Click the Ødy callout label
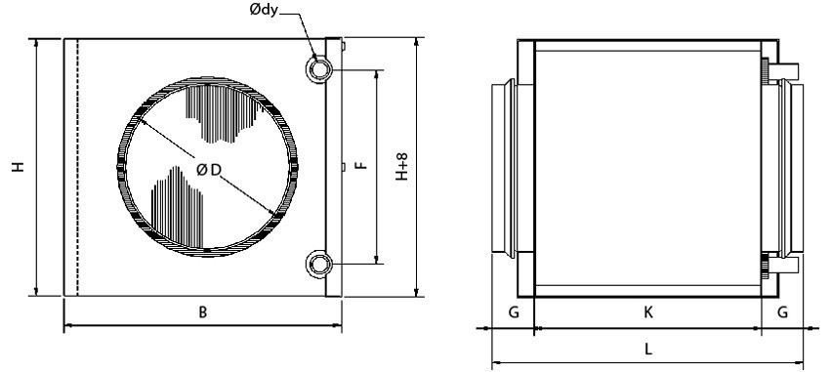tap(264, 10)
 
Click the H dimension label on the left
tap(19, 167)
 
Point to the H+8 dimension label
tap(402, 167)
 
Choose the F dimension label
tap(361, 165)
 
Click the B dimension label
tap(203, 312)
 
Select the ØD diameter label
tap(208, 170)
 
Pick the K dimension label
tap(648, 312)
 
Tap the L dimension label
tap(648, 349)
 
